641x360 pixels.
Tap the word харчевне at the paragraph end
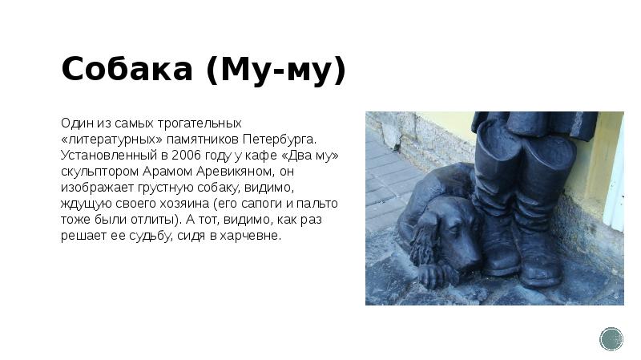pos(251,237)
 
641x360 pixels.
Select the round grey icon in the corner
pos(611,339)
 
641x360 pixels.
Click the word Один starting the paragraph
pos(75,123)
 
